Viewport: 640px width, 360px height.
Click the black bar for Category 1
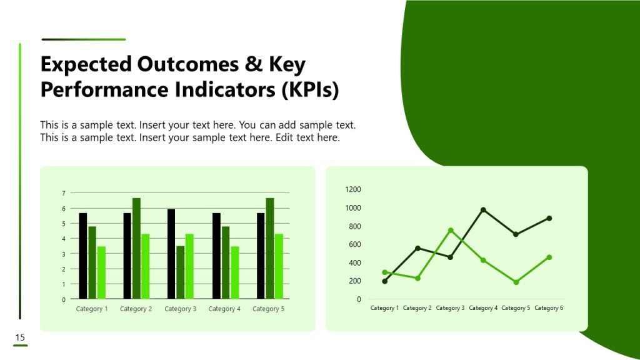[83, 256]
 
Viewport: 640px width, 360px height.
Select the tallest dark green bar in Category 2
[136, 249]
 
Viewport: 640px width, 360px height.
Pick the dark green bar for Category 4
[225, 262]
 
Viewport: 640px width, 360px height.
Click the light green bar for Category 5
[279, 266]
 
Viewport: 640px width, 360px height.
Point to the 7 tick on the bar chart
[63, 193]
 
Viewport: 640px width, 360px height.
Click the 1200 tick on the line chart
[353, 189]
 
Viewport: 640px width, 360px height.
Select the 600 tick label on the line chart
[354, 244]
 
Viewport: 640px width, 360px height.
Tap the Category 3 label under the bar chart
[181, 309]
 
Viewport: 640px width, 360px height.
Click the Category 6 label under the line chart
[549, 308]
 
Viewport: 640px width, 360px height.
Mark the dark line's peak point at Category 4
[483, 210]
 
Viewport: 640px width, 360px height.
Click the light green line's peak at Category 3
[451, 231]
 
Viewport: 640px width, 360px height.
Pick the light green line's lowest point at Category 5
[516, 282]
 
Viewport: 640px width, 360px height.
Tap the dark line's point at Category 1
[384, 281]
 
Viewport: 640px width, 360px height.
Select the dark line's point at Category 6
[549, 218]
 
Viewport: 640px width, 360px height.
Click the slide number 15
[20, 338]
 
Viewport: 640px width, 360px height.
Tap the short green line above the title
[83, 39]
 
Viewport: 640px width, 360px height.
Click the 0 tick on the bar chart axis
[63, 299]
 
